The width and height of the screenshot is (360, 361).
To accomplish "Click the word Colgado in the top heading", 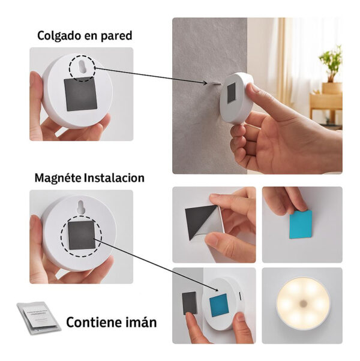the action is point(59,36).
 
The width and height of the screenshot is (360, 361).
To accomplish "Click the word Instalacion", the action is point(114,178).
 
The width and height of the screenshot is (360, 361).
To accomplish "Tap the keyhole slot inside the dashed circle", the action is point(82,67).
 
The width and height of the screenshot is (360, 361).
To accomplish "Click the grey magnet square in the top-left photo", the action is point(80,94).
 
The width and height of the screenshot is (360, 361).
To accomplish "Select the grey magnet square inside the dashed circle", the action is point(82,235).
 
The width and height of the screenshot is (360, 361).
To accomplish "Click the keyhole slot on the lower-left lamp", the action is point(80,207).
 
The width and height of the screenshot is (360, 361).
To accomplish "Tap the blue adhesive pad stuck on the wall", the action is point(301,224).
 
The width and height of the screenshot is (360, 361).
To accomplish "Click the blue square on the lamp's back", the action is point(219,305).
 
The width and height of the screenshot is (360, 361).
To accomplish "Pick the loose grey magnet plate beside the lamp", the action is point(190,303).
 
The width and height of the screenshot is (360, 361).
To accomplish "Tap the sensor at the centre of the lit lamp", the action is point(304,304).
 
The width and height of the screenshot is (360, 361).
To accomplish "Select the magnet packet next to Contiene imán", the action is point(38,318).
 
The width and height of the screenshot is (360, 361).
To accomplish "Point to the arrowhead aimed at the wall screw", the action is point(205,83).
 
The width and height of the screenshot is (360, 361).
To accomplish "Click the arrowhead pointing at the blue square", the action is point(216,290).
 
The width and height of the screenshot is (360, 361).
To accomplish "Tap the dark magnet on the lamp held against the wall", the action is point(231,93).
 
